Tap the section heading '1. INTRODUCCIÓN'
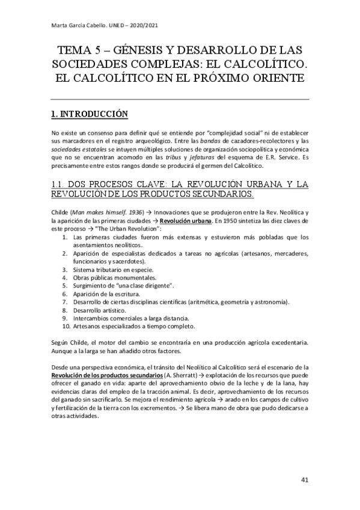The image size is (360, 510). pos(89,112)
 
